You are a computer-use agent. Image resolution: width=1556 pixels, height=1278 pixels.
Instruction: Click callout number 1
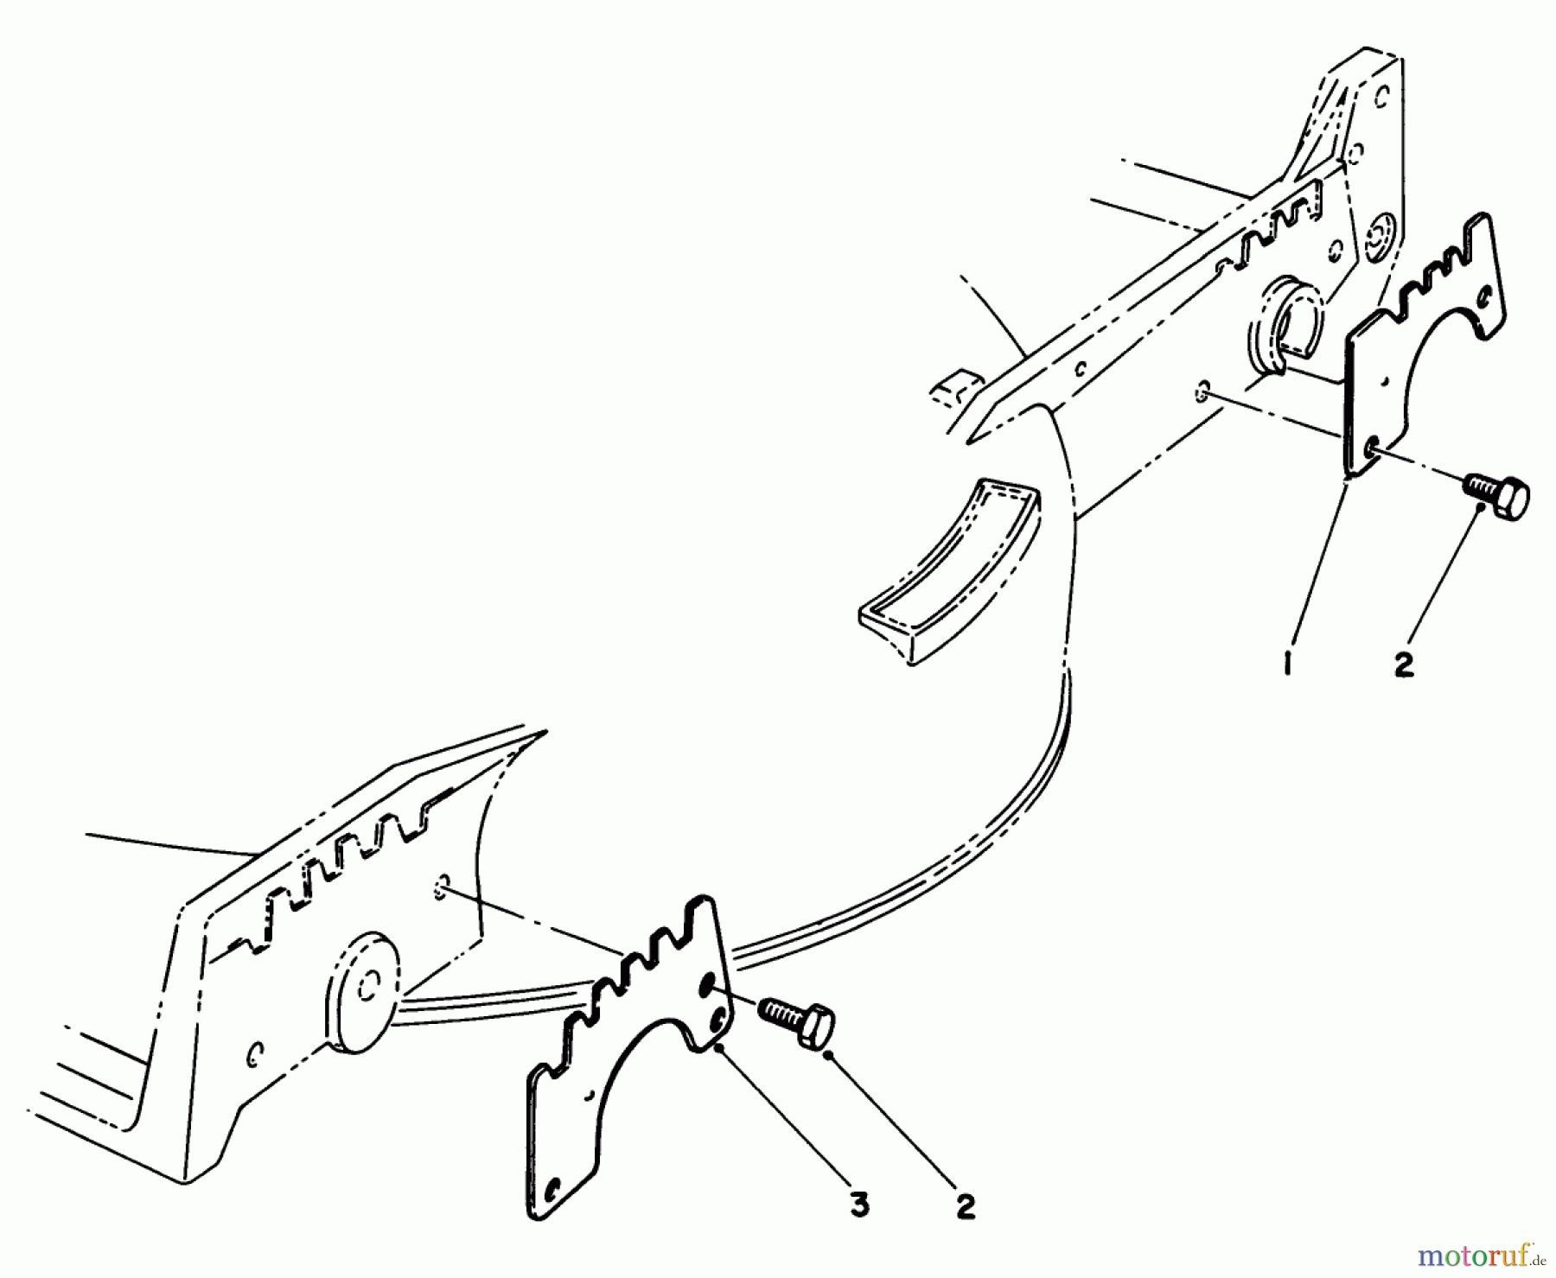[1287, 665]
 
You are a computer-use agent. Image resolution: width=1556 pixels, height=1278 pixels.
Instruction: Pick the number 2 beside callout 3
[966, 1205]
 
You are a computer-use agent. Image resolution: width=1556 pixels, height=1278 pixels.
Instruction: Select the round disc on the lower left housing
[363, 993]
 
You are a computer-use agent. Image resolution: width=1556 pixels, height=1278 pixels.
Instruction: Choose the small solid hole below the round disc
[255, 1056]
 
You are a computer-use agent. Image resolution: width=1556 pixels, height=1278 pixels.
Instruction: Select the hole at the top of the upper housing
[1382, 94]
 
